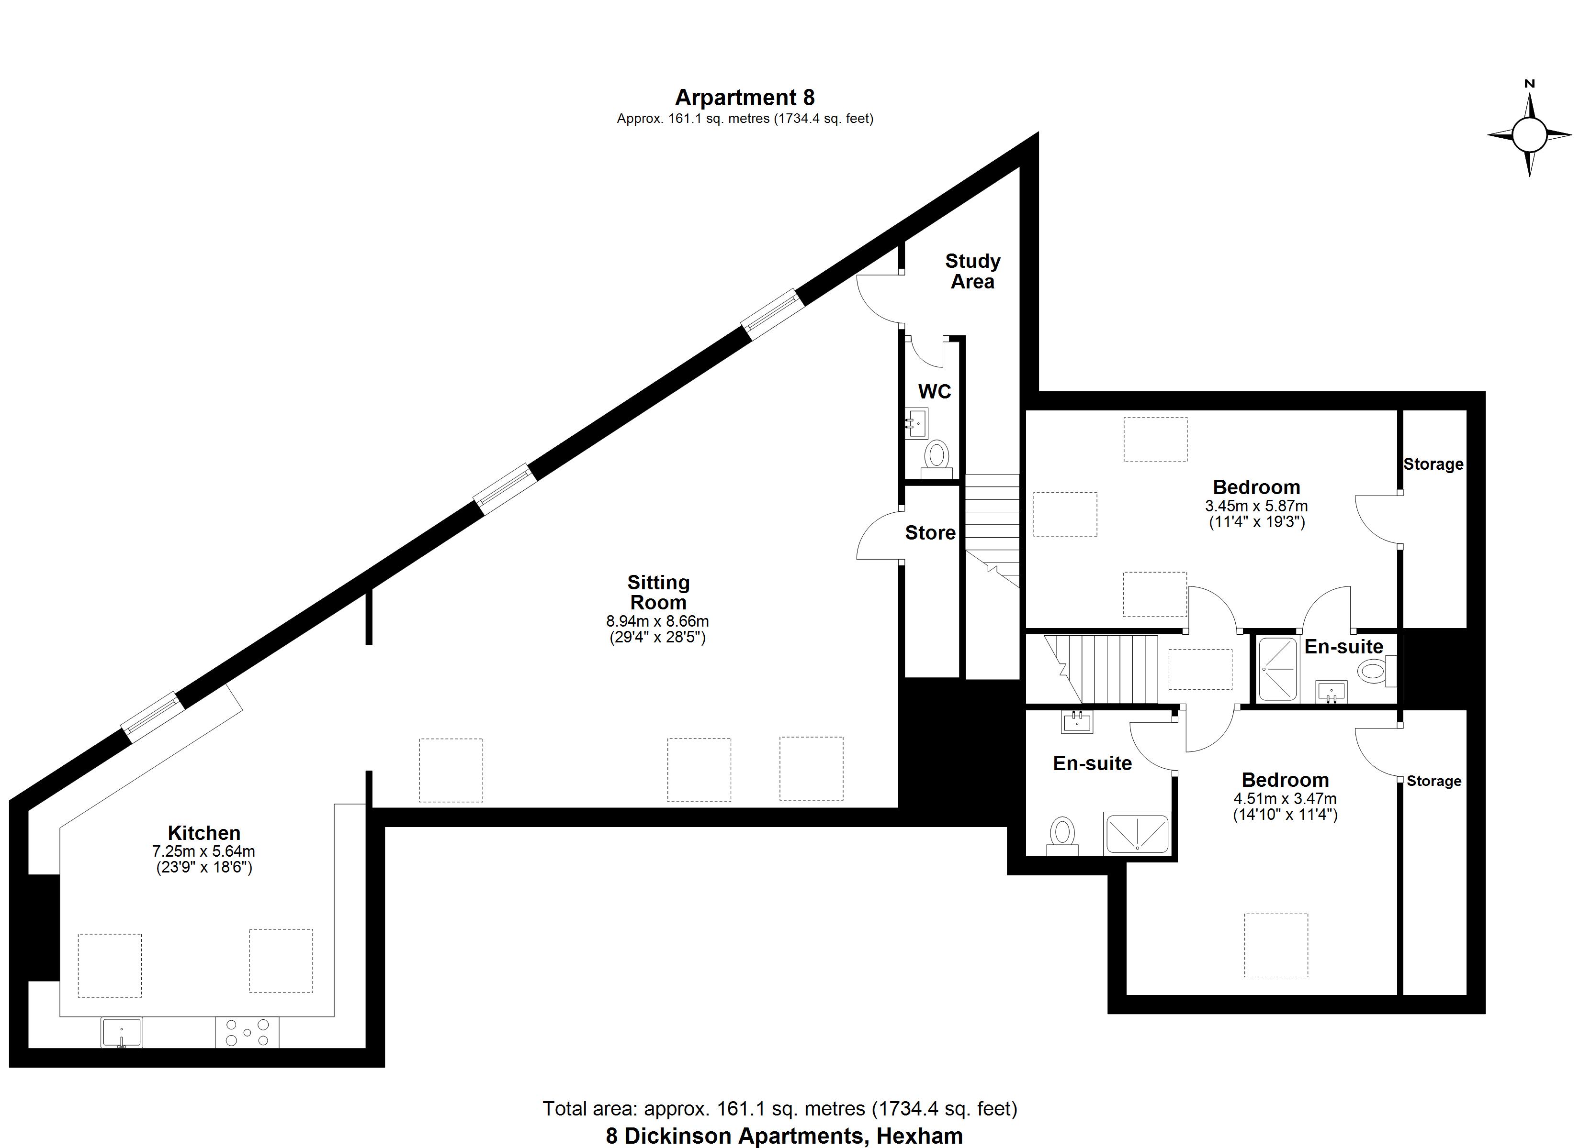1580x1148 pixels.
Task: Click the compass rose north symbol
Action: click(1529, 133)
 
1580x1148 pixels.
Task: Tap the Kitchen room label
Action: click(203, 833)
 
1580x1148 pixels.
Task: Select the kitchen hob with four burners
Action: click(247, 1032)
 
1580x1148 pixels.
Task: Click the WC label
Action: click(934, 391)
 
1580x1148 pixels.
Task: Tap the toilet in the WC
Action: click(937, 457)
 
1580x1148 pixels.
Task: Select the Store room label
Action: click(930, 532)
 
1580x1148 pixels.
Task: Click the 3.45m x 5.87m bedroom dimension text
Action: click(1256, 506)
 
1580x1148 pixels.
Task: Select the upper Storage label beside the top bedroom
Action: click(1433, 464)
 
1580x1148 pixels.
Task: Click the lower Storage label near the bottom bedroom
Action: click(1433, 781)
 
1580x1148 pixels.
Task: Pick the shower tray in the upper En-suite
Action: click(1278, 668)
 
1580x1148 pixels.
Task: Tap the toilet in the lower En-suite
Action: click(1062, 833)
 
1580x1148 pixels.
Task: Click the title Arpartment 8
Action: click(744, 98)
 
